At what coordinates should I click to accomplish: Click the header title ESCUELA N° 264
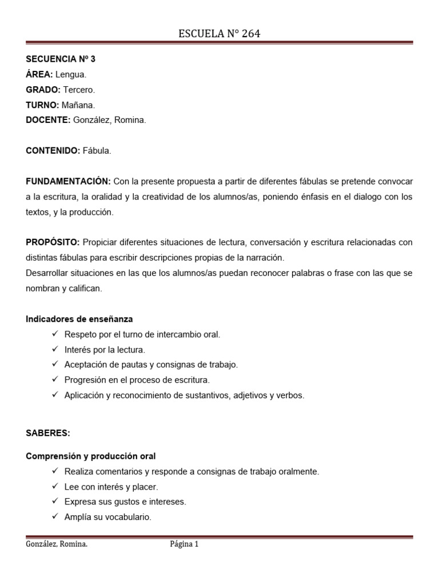point(219,34)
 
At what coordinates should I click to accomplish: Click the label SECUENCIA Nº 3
point(61,59)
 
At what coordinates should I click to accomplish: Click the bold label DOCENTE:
point(48,120)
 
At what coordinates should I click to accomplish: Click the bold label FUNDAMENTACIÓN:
point(68,182)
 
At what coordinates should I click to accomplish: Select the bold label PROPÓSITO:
point(54,242)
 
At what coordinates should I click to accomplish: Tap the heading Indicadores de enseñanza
point(79,319)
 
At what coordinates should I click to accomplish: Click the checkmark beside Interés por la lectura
point(55,349)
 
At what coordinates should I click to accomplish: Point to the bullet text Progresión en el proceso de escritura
point(137,379)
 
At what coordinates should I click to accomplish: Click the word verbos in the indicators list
point(290,395)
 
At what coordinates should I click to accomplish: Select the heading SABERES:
point(48,433)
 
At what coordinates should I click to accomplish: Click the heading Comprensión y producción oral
point(91,456)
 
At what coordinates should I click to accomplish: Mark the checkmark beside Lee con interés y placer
point(55,486)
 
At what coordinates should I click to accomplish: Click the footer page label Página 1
point(184,544)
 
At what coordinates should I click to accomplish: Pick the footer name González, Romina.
point(57,544)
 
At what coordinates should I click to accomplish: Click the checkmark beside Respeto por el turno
point(55,334)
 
